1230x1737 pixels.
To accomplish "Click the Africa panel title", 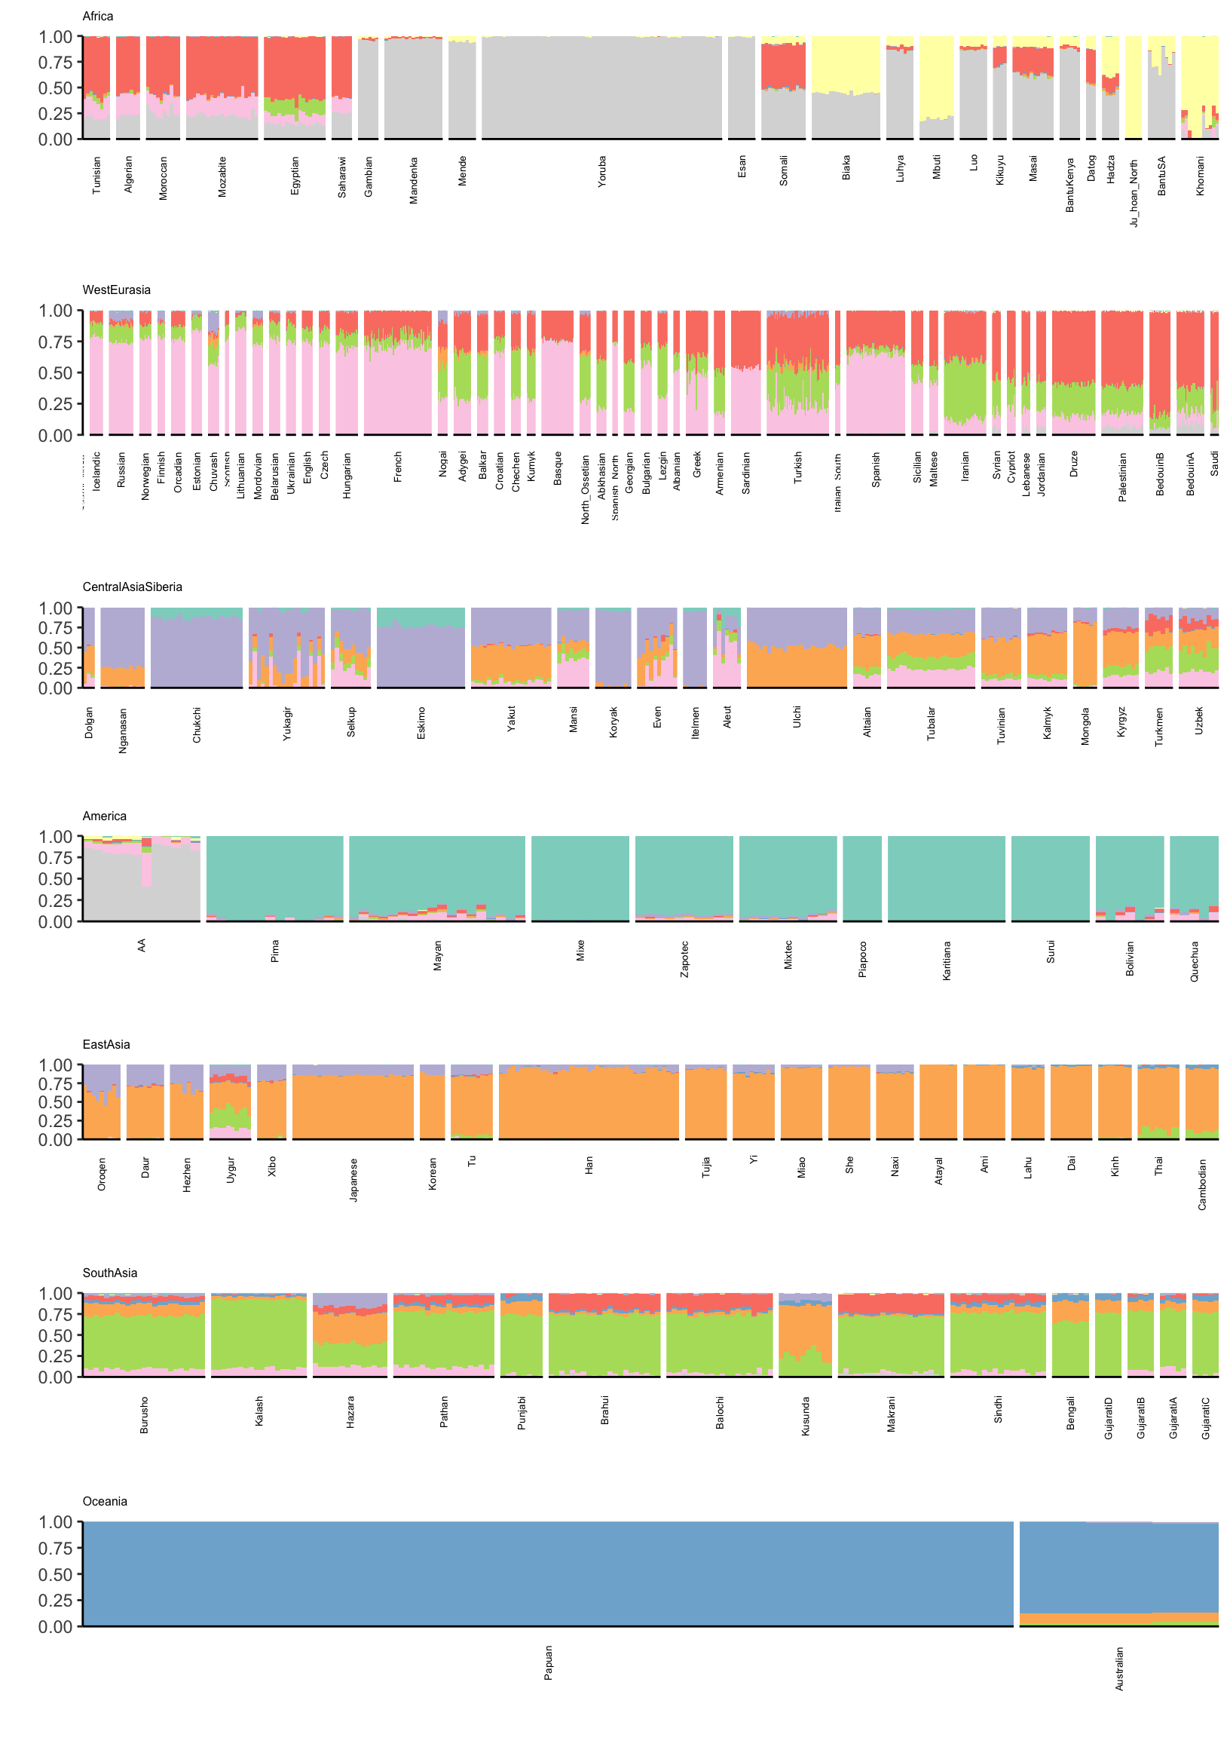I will coord(98,17).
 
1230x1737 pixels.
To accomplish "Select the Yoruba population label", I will coord(602,172).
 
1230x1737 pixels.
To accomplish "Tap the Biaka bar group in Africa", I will coord(845,88).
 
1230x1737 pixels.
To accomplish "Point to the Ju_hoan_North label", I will coord(1134,192).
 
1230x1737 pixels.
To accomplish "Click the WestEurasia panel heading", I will coord(116,290).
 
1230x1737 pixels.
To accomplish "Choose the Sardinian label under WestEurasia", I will coord(746,473).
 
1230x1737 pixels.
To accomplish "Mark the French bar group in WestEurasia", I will coord(398,372).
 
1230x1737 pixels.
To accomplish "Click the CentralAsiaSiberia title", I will coord(132,587).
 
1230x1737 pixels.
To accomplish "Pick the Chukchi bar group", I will coord(197,648).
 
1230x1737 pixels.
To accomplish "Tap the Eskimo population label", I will coord(421,724).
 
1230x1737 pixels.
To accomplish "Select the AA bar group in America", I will coord(142,879).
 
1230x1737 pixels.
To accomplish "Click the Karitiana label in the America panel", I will coord(947,960).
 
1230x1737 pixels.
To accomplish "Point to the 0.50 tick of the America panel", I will coord(55,880).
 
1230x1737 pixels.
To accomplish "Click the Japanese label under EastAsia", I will coord(353,1179).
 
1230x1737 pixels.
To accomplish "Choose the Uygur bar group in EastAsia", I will coord(230,1102).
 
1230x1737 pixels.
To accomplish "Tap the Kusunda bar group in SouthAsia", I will coord(805,1334).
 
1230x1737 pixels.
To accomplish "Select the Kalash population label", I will coord(259,1411).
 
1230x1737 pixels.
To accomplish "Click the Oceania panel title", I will coord(105,1502).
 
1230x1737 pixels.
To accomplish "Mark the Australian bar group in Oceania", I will coord(1118,1573).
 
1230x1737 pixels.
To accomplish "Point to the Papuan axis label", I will coord(549,1663).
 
